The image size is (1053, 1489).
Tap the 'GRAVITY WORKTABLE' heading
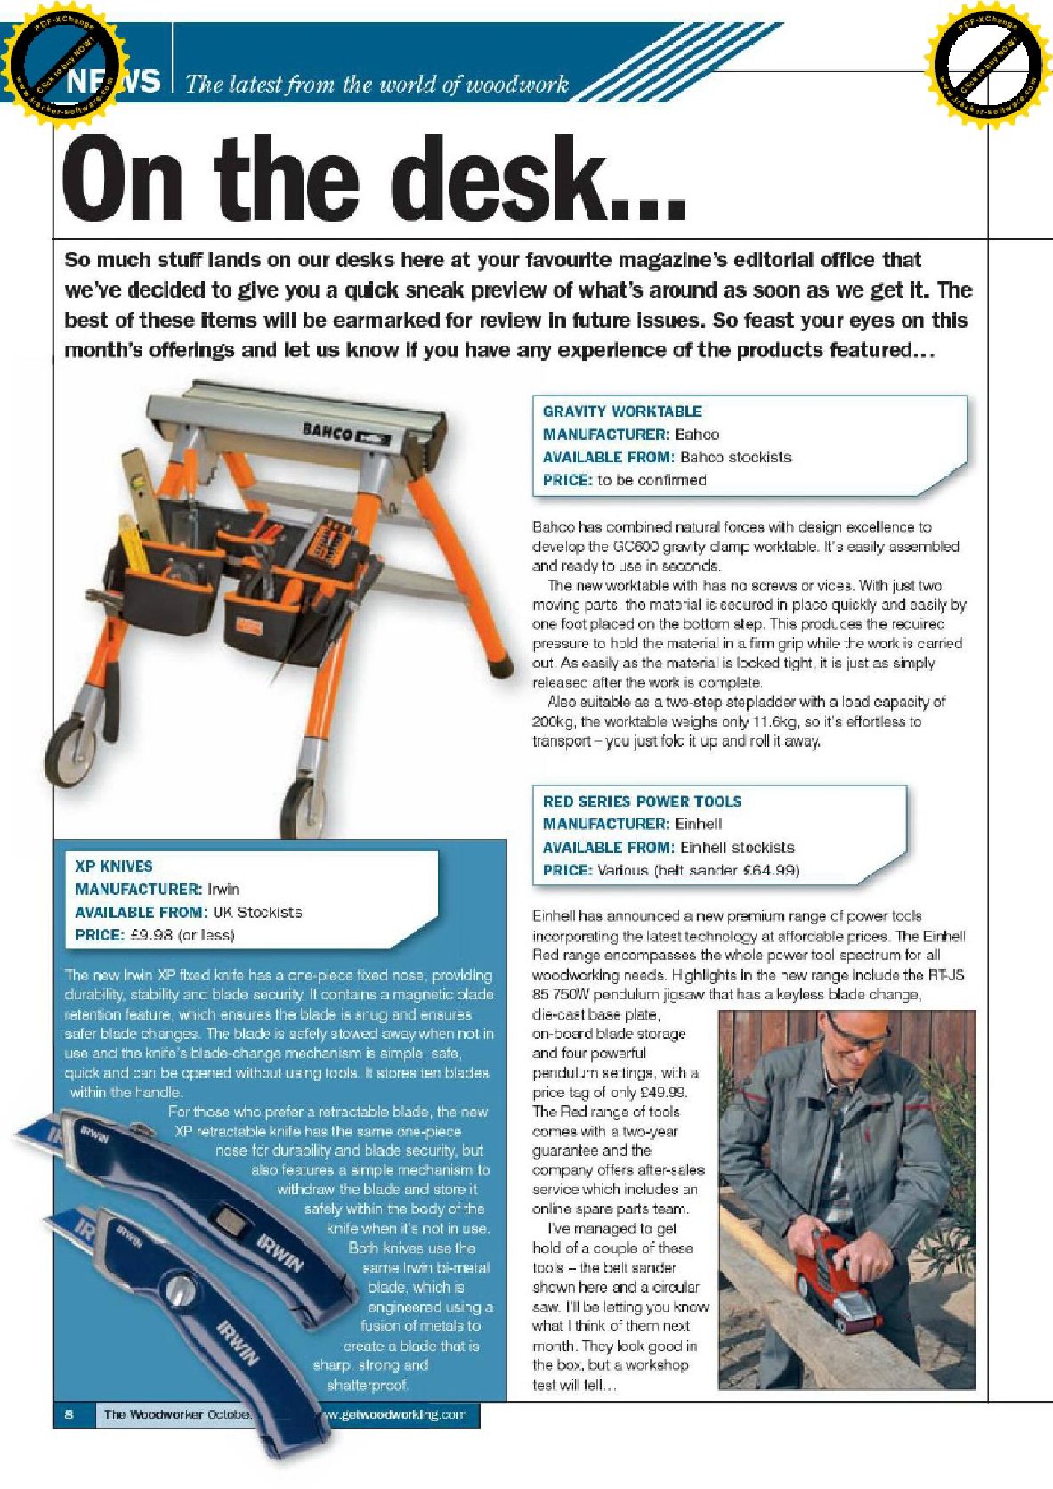(x=622, y=411)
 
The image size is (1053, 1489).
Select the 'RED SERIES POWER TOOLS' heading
(x=642, y=801)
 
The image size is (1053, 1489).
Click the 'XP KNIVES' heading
(x=114, y=867)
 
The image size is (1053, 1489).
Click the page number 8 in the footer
(x=69, y=1414)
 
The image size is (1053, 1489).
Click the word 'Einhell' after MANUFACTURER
(x=699, y=825)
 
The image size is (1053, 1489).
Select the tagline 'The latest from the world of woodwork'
(x=377, y=85)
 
